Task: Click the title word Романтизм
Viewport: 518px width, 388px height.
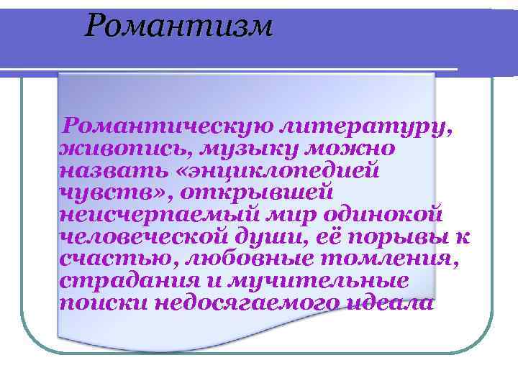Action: [178, 27]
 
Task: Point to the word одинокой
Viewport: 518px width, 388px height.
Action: [381, 215]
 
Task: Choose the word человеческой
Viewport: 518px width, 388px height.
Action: [145, 236]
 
